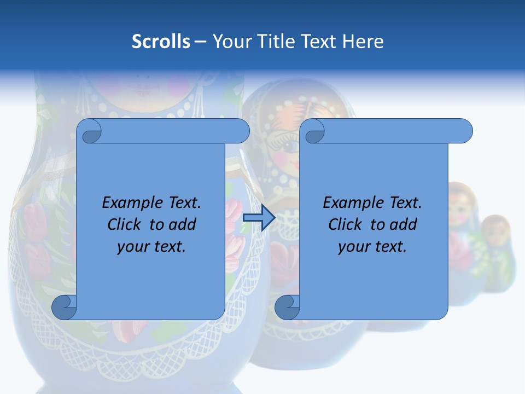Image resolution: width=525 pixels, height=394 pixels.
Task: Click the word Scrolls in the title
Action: pyautogui.click(x=161, y=42)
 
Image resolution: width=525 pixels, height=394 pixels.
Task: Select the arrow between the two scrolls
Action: pyautogui.click(x=259, y=218)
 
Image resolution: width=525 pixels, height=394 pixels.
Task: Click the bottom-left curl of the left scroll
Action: pyautogui.click(x=63, y=306)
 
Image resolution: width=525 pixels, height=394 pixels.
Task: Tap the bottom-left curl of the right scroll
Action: pyautogui.click(x=287, y=306)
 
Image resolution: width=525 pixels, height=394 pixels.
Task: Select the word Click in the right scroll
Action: pyautogui.click(x=345, y=224)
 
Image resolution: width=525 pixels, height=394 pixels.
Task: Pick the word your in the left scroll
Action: pyautogui.click(x=132, y=246)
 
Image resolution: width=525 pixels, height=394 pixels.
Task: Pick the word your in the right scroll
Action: pyautogui.click(x=353, y=246)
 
